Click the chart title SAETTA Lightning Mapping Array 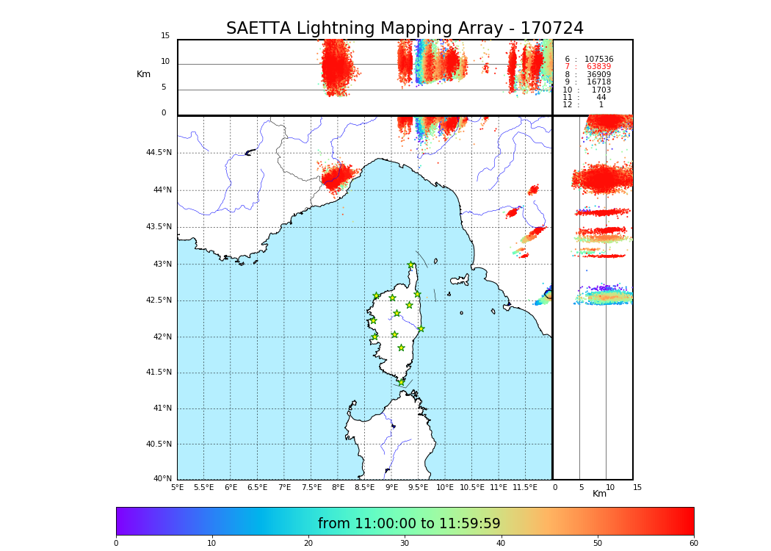(x=405, y=29)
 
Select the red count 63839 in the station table (x=598, y=67)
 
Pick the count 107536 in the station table (x=598, y=60)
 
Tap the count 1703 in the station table (x=601, y=90)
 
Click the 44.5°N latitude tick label (x=158, y=153)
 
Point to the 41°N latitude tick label (x=161, y=408)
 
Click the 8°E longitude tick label (x=338, y=487)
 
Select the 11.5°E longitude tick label (x=525, y=487)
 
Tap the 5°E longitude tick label (x=178, y=487)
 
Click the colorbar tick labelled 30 (x=405, y=544)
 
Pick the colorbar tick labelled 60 (x=693, y=544)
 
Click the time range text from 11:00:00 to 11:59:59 (x=409, y=524)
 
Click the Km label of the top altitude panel (x=143, y=74)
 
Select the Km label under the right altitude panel (x=599, y=494)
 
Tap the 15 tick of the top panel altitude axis (x=165, y=36)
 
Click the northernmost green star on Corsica (x=411, y=265)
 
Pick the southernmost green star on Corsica (x=401, y=382)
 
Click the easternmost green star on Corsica (x=421, y=328)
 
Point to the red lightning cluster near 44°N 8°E (x=338, y=176)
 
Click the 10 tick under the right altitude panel (x=610, y=487)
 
